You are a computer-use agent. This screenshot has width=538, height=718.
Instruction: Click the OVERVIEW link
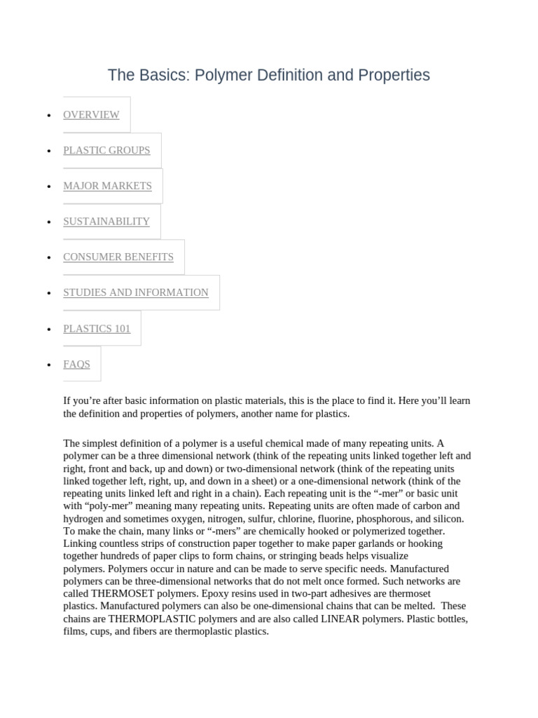coord(91,115)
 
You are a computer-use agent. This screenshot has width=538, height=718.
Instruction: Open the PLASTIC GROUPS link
coord(106,150)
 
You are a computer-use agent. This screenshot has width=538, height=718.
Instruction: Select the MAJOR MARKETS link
coord(107,186)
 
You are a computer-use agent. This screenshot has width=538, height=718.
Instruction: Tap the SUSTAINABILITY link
coord(106,222)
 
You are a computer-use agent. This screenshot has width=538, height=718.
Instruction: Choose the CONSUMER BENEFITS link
coord(118,257)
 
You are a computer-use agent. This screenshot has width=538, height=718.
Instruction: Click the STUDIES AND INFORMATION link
coord(136,292)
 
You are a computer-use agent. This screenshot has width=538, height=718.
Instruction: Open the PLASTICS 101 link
coord(97,328)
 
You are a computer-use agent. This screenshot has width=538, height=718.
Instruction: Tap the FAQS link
coord(76,364)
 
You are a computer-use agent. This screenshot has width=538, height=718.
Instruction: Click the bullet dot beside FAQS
coord(48,365)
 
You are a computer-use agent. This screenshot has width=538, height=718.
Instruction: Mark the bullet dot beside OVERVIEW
coord(48,116)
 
